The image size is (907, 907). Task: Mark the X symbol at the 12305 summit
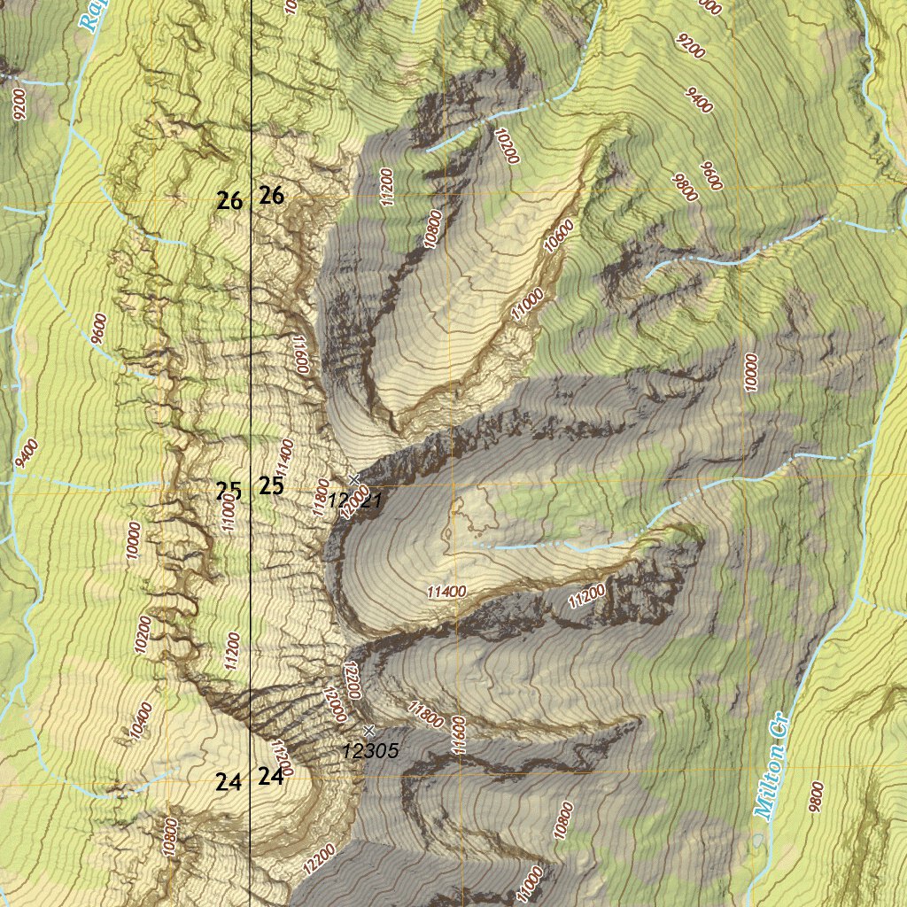(369, 729)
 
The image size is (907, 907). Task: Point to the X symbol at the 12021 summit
(355, 479)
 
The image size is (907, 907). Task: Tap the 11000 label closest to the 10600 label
(526, 306)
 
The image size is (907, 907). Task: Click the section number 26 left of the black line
(229, 201)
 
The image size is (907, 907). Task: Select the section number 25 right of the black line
(271, 485)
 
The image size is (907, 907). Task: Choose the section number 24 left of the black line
(229, 782)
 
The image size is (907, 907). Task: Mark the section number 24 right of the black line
(271, 777)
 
